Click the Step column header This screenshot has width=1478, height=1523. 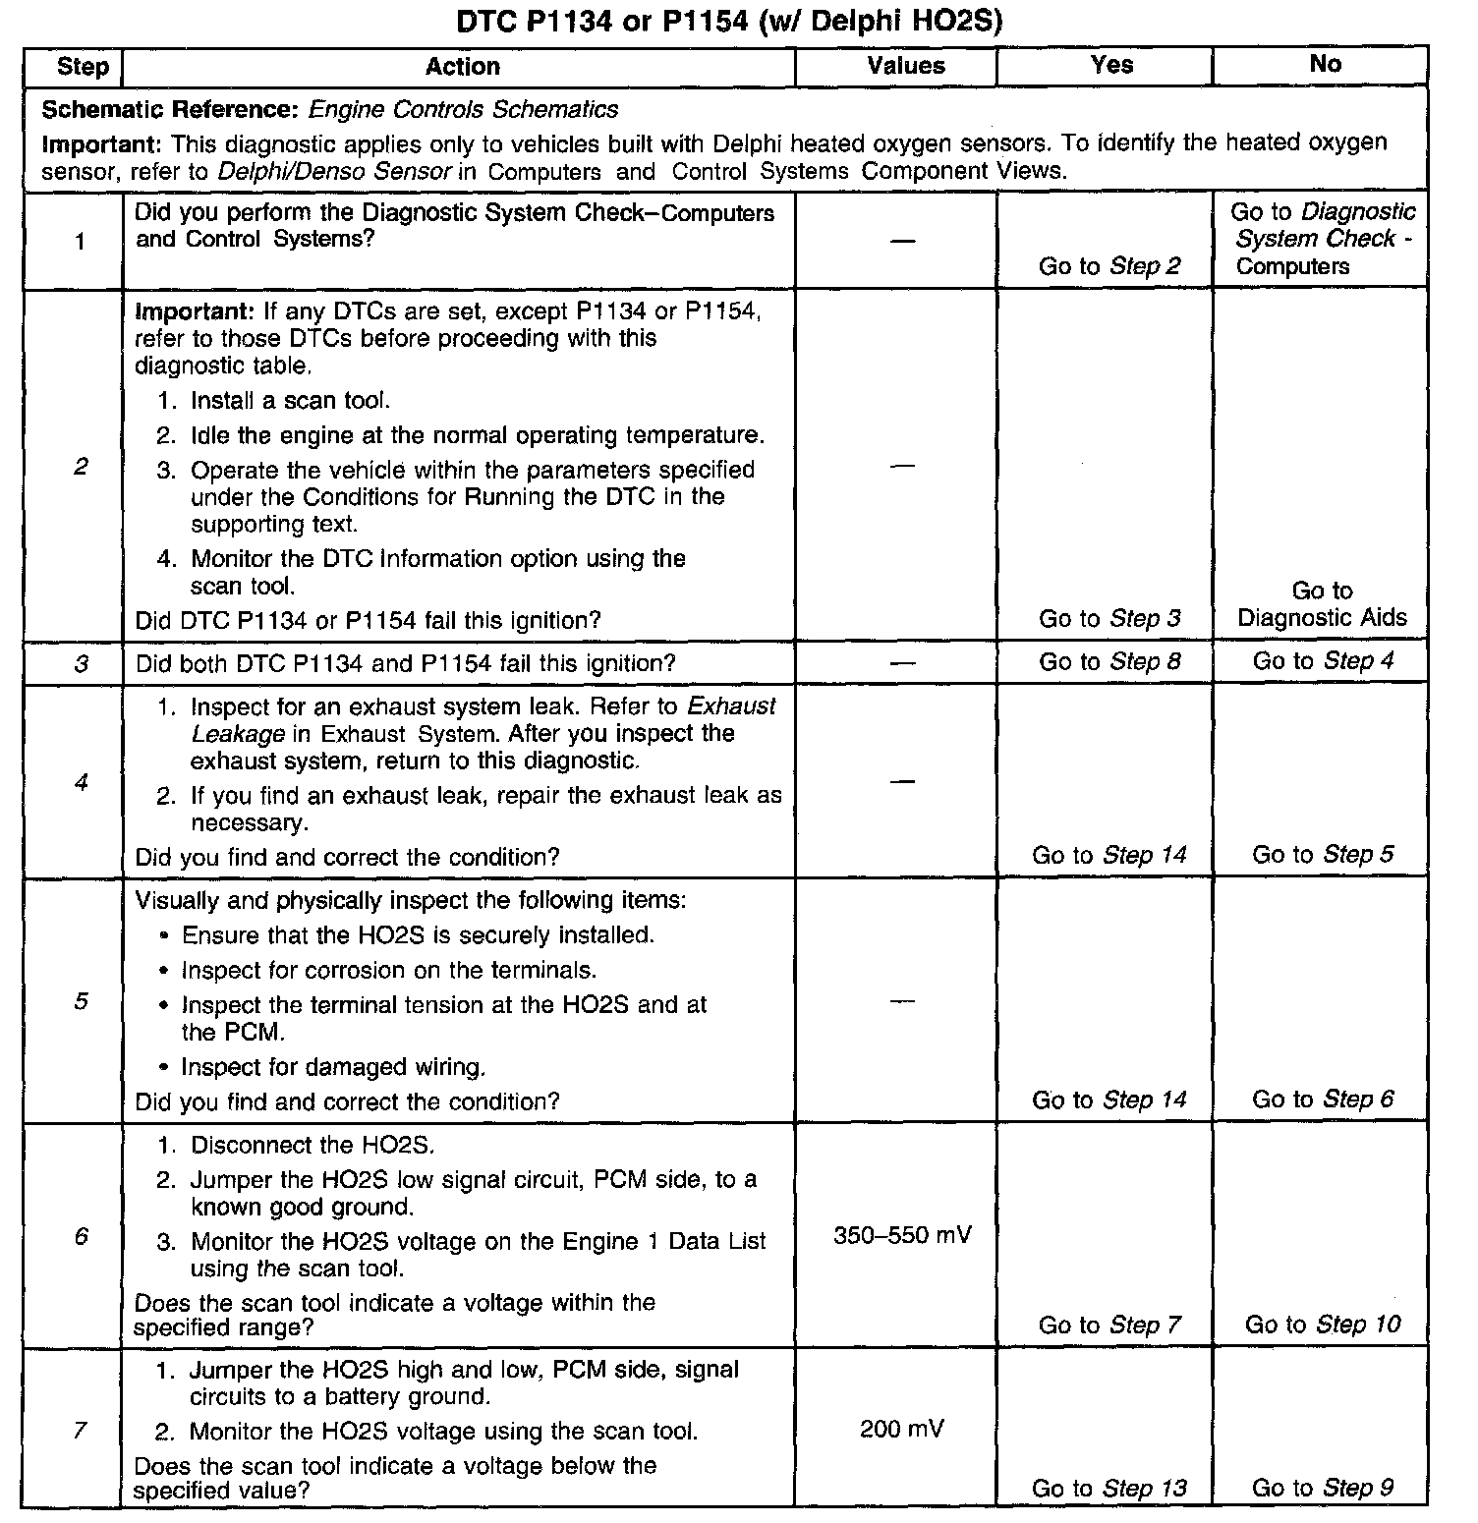click(x=83, y=67)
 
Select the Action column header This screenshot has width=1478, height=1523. click(x=462, y=67)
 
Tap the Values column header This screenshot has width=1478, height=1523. click(x=905, y=66)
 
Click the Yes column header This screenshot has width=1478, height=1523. click(x=1111, y=65)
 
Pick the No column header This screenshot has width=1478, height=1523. click(x=1325, y=64)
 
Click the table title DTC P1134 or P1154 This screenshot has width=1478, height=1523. click(x=729, y=21)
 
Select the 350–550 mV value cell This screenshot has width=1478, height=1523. click(x=902, y=1235)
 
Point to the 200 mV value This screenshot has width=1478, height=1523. click(x=901, y=1429)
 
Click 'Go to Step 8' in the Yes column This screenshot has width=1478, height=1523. click(x=1109, y=662)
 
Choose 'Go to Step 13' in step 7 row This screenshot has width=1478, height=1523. click(x=1108, y=1489)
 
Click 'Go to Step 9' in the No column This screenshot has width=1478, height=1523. click(x=1322, y=1489)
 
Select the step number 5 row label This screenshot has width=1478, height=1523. click(x=81, y=1001)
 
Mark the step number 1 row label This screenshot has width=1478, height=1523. click(x=81, y=242)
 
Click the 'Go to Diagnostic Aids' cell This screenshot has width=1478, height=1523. click(x=1322, y=604)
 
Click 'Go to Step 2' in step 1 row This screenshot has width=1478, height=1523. click(x=1109, y=266)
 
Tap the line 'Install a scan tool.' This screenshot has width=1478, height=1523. click(x=290, y=401)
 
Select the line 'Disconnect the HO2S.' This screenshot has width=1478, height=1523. click(x=312, y=1146)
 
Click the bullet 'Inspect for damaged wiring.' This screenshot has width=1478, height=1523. click(x=333, y=1068)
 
